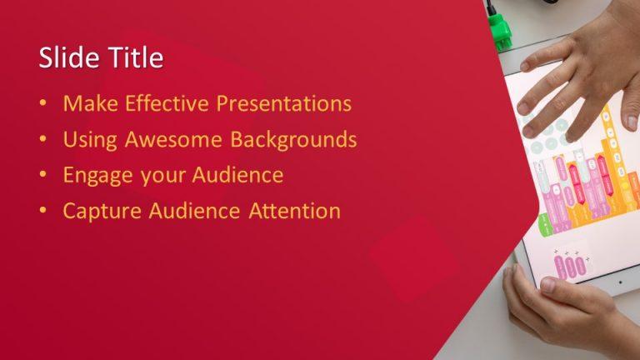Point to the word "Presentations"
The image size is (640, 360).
(283, 104)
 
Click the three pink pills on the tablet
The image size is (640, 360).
(570, 266)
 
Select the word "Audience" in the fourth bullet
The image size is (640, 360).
(199, 211)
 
